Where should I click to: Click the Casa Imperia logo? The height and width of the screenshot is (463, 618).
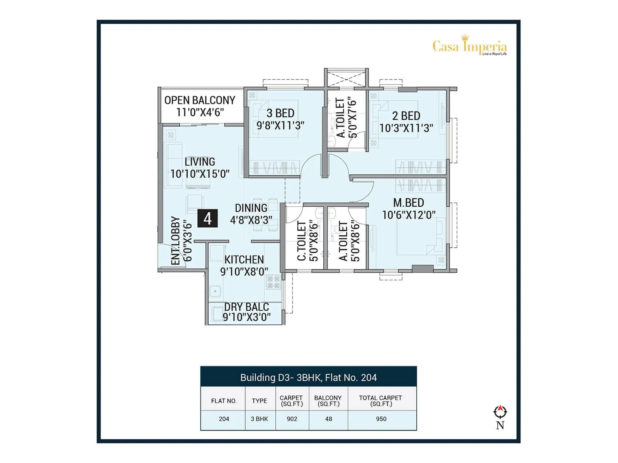469,46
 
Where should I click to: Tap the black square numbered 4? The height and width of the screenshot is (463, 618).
207,218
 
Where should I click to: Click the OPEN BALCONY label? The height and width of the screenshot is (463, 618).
200,100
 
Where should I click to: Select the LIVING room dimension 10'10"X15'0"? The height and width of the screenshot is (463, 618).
200,174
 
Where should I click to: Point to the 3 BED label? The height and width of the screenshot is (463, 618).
280,113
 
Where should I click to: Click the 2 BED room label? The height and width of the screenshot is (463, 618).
406,116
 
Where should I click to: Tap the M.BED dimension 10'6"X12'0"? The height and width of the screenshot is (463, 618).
409,215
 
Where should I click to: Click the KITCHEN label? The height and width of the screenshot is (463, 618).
244,260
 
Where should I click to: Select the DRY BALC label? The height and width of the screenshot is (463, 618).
246,307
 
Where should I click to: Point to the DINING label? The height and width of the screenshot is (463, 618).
251,208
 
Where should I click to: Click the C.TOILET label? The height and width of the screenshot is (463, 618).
302,241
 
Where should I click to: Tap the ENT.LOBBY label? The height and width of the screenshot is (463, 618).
176,241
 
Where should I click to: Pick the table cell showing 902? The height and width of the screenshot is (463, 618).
292,419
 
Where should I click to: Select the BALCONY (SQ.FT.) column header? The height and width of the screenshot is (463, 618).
328,400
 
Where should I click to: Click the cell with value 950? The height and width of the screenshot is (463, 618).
381,419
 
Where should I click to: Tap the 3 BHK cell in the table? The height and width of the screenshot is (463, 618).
260,419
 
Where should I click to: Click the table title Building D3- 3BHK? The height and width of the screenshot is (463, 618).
308,377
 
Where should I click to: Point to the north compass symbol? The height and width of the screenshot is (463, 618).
500,412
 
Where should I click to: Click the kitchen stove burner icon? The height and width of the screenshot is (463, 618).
273,282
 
